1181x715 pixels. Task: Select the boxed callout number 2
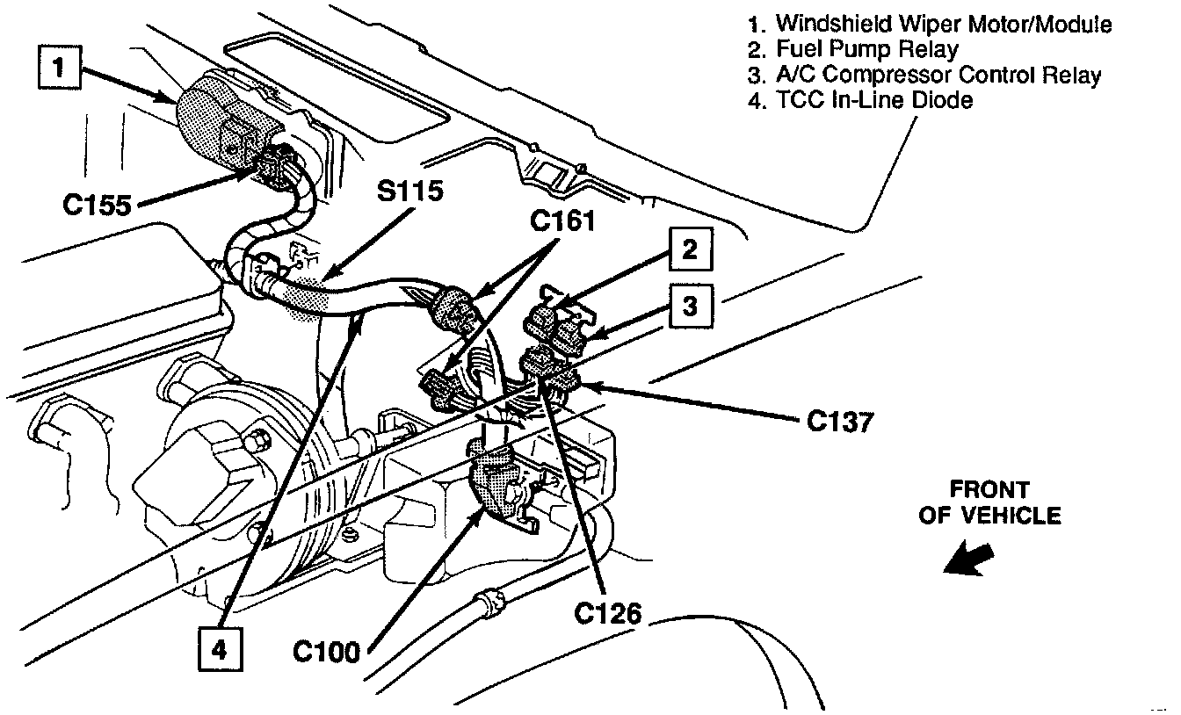pyautogui.click(x=690, y=250)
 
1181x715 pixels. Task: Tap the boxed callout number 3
pyautogui.click(x=690, y=305)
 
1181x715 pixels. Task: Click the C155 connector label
pyautogui.click(x=97, y=205)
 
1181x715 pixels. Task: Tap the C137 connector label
pyautogui.click(x=840, y=422)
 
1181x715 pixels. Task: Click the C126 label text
pyautogui.click(x=607, y=614)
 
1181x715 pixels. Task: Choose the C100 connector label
pyautogui.click(x=328, y=652)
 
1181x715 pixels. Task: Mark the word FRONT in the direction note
pyautogui.click(x=989, y=489)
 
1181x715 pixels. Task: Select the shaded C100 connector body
pyautogui.click(x=497, y=483)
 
